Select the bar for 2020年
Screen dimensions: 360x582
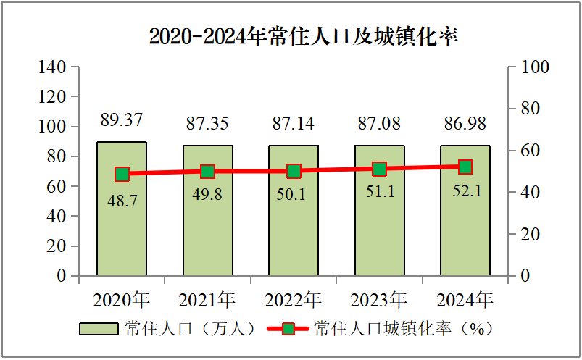click(122, 217)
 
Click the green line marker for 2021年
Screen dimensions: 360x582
click(208, 172)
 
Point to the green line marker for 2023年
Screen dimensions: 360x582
click(379, 169)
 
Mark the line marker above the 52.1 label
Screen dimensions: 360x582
click(465, 167)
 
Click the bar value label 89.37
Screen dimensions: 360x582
click(122, 120)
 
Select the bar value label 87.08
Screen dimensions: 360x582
click(379, 123)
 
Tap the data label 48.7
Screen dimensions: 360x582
click(122, 201)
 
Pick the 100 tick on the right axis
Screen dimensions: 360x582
click(536, 67)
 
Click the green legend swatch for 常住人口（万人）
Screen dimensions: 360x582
click(99, 329)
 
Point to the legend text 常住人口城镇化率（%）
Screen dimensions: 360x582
click(404, 329)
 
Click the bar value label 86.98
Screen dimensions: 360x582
click(465, 123)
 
